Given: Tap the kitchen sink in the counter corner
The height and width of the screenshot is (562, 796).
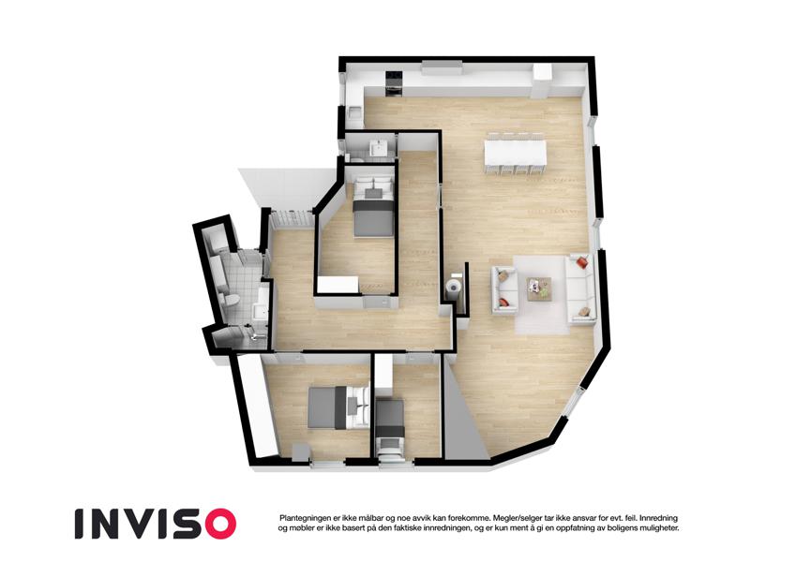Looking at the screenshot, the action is click(354, 111).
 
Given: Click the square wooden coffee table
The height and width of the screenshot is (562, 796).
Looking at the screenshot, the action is click(539, 289).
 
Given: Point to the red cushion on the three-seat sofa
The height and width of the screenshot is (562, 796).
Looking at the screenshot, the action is click(582, 262).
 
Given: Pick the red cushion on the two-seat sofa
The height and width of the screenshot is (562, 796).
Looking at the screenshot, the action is click(503, 303).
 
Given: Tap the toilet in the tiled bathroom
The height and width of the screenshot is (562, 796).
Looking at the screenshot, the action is click(229, 300).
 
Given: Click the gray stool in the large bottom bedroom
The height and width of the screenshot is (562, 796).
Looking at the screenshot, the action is click(301, 451).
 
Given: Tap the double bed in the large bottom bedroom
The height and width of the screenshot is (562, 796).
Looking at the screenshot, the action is click(338, 407).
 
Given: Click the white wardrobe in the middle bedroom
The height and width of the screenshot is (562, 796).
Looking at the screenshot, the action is click(338, 285).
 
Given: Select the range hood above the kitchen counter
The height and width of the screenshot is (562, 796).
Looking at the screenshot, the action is click(442, 67).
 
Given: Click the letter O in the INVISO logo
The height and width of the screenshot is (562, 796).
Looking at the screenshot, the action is click(218, 524).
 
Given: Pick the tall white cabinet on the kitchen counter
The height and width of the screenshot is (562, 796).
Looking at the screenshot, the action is click(542, 81).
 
